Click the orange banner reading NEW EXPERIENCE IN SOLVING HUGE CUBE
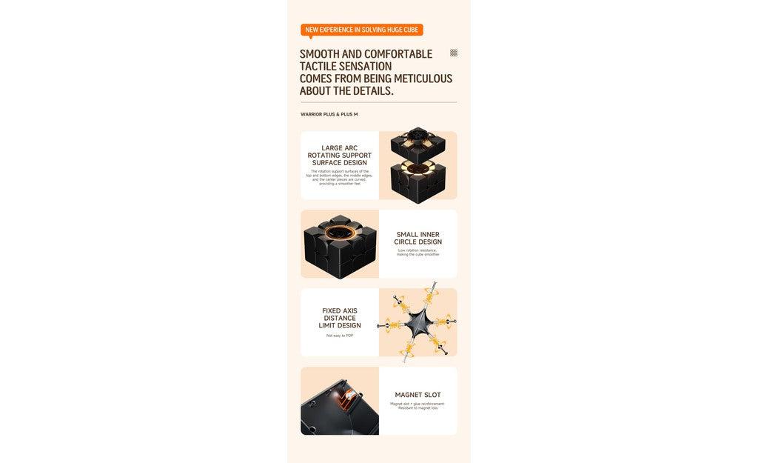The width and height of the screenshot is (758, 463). click(x=361, y=30)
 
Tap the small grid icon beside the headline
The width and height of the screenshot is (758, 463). click(x=454, y=53)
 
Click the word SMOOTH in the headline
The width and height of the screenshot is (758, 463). click(x=319, y=54)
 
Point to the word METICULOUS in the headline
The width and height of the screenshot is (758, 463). click(x=423, y=79)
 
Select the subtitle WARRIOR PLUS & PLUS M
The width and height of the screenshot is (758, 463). click(x=329, y=114)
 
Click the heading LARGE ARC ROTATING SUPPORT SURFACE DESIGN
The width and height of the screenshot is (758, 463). click(x=340, y=155)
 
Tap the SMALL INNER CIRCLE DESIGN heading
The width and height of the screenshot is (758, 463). click(x=417, y=238)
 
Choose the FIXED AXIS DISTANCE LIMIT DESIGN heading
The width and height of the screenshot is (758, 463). click(x=340, y=318)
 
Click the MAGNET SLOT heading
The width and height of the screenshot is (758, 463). click(x=417, y=395)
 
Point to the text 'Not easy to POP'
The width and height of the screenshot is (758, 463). click(x=340, y=336)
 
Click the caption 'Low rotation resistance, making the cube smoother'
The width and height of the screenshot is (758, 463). click(x=417, y=252)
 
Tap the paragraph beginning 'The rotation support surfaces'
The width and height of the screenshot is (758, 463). click(x=340, y=177)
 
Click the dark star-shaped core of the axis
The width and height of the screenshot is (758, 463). click(x=416, y=324)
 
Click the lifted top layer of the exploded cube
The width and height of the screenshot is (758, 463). click(x=418, y=142)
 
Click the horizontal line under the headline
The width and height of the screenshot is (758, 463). click(x=378, y=102)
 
